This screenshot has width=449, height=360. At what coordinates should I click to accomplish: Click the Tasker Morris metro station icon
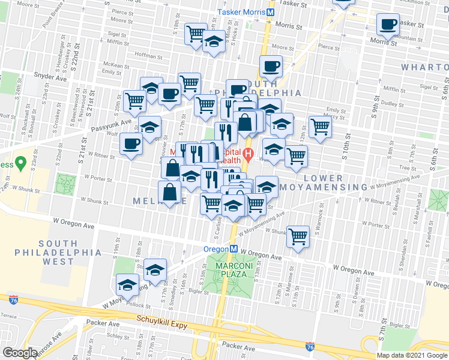point(271,12)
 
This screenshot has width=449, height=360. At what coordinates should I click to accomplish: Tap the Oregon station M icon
point(234,249)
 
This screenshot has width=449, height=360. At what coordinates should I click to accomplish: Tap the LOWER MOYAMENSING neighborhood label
point(335,183)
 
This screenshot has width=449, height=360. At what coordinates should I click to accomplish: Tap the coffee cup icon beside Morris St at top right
point(388,25)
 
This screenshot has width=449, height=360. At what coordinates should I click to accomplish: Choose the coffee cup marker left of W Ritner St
point(131,143)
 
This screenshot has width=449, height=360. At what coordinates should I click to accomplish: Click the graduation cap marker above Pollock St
point(128,283)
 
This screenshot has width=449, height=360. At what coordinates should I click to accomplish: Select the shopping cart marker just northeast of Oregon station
point(298,236)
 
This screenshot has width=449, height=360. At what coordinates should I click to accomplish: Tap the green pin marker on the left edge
point(20,162)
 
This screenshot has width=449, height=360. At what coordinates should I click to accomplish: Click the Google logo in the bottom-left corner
point(20,353)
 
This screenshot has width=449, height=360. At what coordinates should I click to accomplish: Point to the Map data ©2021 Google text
point(412,355)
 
